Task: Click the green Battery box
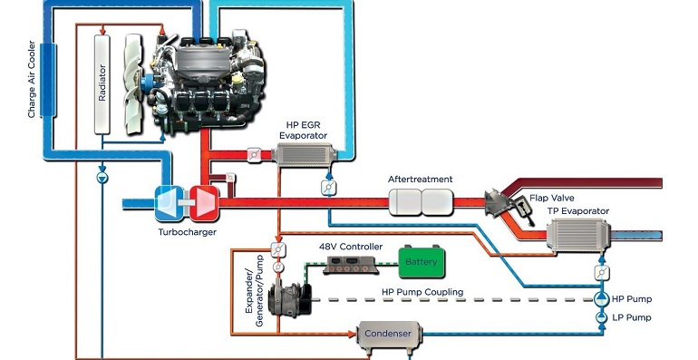[x=421, y=262]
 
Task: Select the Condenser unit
[x=388, y=334]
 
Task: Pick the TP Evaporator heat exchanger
[x=577, y=236]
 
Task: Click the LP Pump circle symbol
[x=598, y=318]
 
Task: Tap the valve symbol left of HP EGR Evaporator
[x=256, y=155]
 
